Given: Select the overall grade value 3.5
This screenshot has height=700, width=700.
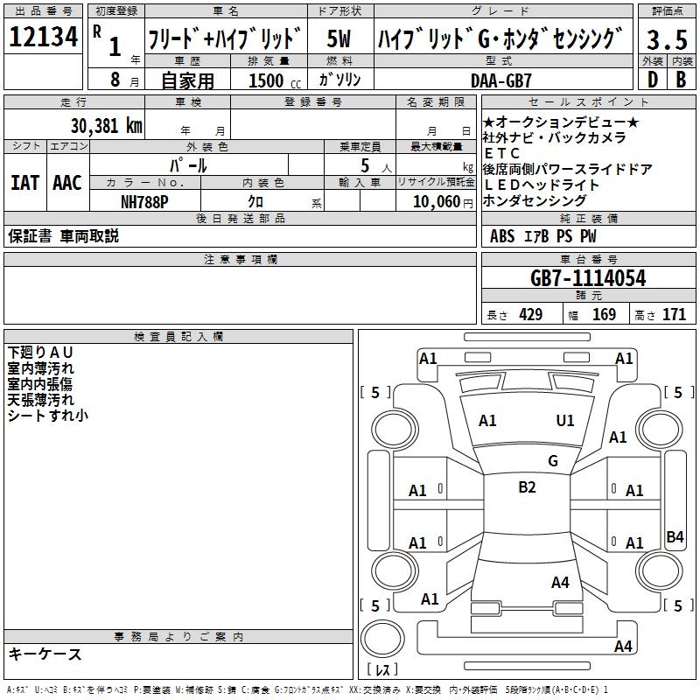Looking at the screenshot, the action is tap(667, 39).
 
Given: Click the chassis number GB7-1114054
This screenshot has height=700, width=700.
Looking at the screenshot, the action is tap(588, 278).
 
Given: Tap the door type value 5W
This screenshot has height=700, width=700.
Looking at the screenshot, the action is tap(339, 39).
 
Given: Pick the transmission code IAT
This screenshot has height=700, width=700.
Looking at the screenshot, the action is tap(24, 183).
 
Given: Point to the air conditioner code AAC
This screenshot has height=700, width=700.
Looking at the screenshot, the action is tap(66, 183).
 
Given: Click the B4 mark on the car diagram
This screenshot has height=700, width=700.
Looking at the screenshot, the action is tap(675, 537).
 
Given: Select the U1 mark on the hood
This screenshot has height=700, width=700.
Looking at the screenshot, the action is tap(565, 421).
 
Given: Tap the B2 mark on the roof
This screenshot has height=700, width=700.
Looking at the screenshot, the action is tap(527, 487).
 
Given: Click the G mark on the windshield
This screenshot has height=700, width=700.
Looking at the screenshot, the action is tap(552, 460).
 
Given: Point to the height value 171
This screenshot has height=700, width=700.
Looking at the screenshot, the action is tap(674, 314).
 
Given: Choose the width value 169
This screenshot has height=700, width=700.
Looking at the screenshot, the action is tap(604, 314).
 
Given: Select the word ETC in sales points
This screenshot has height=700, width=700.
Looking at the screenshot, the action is tap(502, 153).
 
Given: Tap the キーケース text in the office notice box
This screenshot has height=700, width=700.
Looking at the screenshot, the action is tap(45, 654).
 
